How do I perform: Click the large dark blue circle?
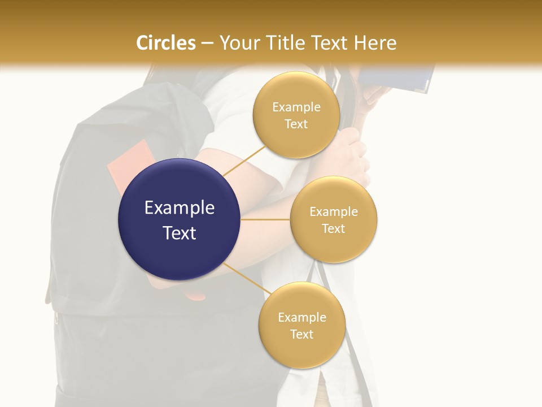(180, 219)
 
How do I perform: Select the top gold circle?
(296, 115)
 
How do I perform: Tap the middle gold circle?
(334, 219)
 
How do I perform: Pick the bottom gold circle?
(301, 325)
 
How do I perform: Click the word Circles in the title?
(166, 43)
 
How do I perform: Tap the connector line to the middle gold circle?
(265, 219)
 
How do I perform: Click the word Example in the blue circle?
(180, 208)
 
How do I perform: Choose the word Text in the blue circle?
(180, 233)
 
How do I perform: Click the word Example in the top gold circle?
(296, 107)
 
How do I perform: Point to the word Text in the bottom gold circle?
(301, 334)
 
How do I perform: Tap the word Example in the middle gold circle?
(334, 212)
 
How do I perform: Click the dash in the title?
(207, 44)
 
